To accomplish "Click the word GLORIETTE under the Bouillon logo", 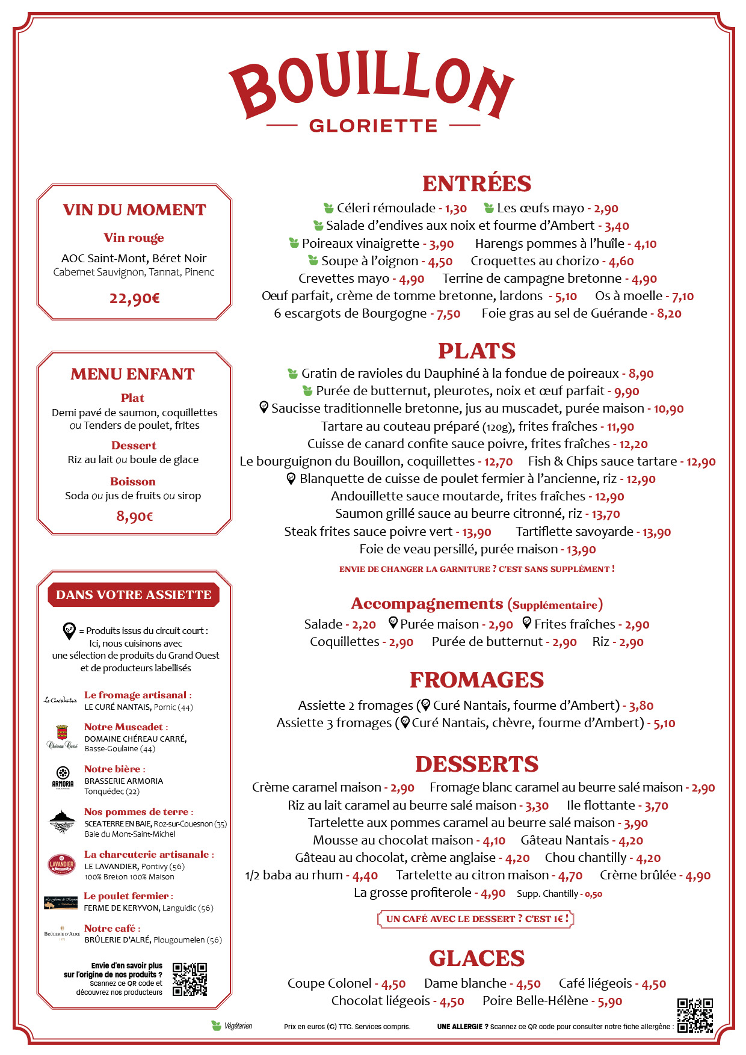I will point(373,126).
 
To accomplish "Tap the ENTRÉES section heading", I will point(476,183).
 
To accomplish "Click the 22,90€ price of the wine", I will point(134,298).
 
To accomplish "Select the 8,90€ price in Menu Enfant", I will point(135,517).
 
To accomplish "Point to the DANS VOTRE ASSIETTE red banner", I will point(134,595).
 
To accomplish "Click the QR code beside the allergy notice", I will point(695,1015).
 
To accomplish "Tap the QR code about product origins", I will point(190,979).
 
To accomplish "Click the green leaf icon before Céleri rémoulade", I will point(328,208).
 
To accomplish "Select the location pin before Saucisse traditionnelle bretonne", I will point(264,407).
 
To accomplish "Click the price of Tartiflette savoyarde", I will point(656,532).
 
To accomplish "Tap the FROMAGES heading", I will point(476,680).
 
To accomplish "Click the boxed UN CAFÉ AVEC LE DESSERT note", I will point(475,918).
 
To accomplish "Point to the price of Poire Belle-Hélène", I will point(609,1001).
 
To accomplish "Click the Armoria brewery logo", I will point(63,777).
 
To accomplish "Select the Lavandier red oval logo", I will point(61,864).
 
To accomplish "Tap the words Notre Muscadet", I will point(123,727).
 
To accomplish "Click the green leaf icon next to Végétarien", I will point(216,1026).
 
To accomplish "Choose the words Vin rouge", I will point(134,238).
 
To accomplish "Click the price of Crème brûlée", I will point(698,876).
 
